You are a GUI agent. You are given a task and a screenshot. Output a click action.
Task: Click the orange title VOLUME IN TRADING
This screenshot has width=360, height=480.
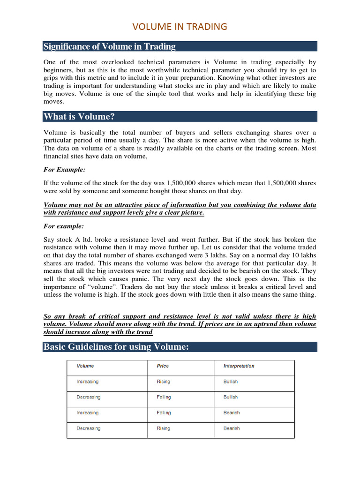click(180, 27)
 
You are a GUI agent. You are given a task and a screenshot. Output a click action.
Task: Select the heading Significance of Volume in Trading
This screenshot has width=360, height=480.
click(109, 46)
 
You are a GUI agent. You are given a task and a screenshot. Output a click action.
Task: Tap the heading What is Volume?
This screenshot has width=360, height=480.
click(79, 116)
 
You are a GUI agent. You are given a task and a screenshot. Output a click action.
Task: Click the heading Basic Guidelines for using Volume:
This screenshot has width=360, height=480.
click(116, 347)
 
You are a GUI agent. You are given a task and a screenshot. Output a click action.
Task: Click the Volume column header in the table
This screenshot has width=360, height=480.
click(85, 366)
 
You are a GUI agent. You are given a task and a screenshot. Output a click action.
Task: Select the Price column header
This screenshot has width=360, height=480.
click(163, 366)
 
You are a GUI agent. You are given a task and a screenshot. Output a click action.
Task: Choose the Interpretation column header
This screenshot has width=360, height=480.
click(239, 366)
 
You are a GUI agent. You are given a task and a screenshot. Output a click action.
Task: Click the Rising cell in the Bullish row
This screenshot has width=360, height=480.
click(164, 382)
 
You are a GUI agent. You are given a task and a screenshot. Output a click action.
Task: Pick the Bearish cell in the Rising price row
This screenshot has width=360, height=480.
click(232, 428)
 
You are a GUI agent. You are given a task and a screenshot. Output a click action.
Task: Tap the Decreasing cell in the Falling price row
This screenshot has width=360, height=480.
click(89, 397)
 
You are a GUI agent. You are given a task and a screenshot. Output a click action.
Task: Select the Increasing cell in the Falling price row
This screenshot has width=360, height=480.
click(88, 413)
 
